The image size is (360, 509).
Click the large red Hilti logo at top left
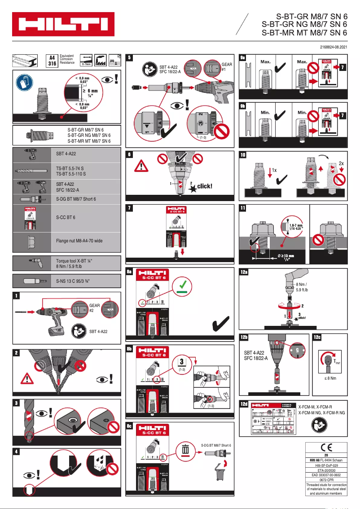click(63, 24)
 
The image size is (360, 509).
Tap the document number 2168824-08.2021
click(330, 47)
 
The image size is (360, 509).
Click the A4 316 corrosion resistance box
click(53, 60)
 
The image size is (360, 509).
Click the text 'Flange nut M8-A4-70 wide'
click(79, 241)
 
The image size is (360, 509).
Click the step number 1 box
click(16, 296)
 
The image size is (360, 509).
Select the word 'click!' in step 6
click(204, 186)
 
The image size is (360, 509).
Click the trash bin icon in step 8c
click(184, 449)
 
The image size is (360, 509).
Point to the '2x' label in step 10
click(341, 163)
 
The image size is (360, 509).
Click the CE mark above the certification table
click(326, 447)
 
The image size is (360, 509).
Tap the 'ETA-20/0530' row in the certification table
click(326, 470)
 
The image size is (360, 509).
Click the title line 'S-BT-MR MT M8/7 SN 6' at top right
click(304, 32)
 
